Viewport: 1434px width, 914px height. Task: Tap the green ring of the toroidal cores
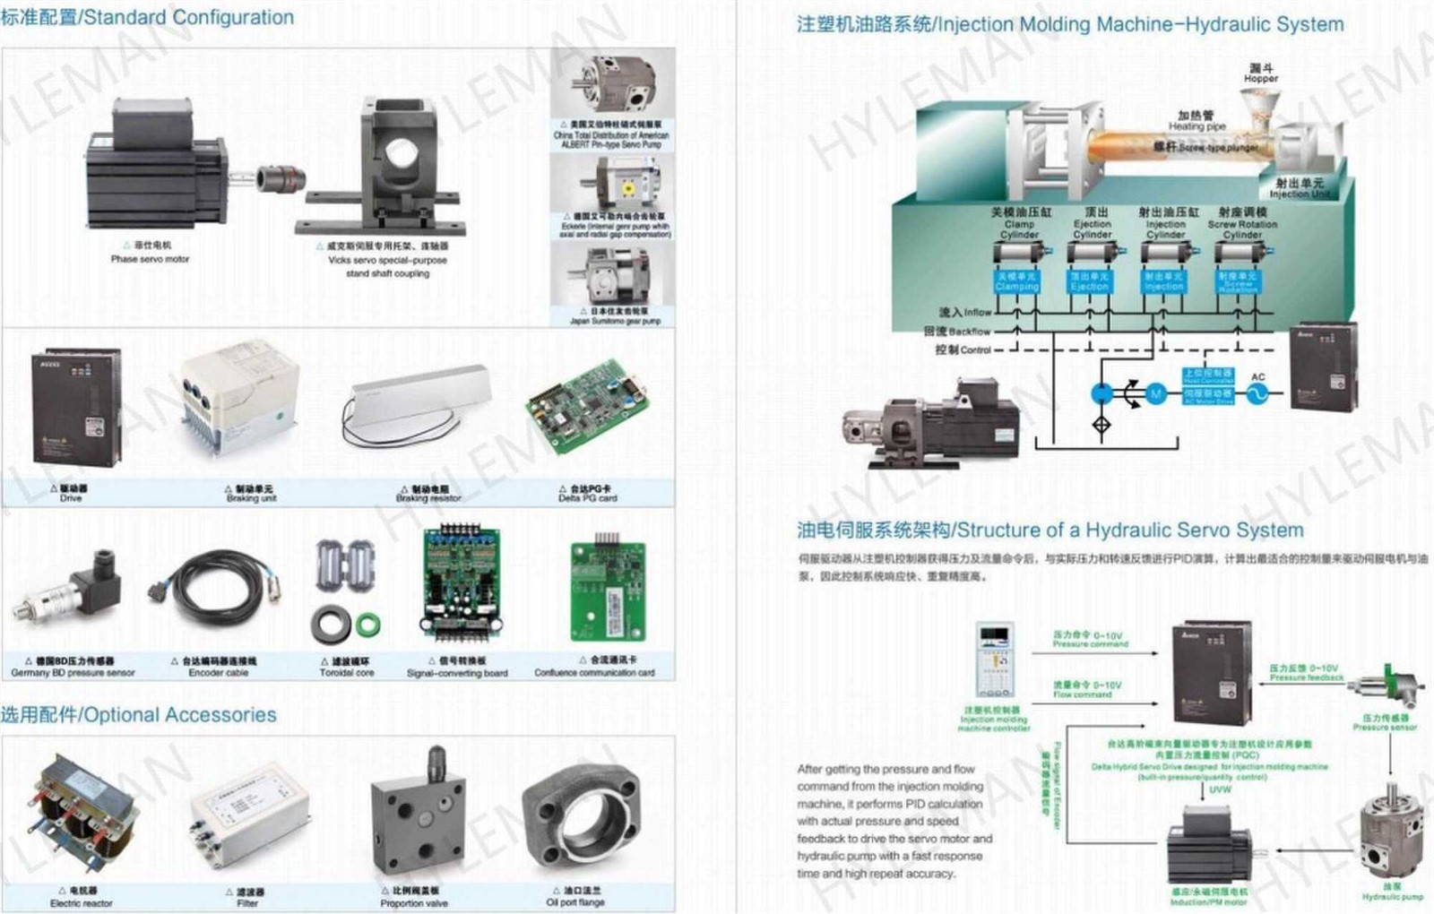click(368, 624)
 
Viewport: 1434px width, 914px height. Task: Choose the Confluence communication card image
click(608, 591)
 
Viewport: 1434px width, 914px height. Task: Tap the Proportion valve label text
click(413, 903)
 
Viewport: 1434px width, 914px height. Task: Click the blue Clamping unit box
click(1016, 281)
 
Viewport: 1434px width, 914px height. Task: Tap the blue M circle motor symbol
click(1156, 394)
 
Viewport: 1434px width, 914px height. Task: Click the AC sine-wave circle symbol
click(1257, 394)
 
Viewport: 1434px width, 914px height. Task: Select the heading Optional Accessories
click(139, 715)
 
